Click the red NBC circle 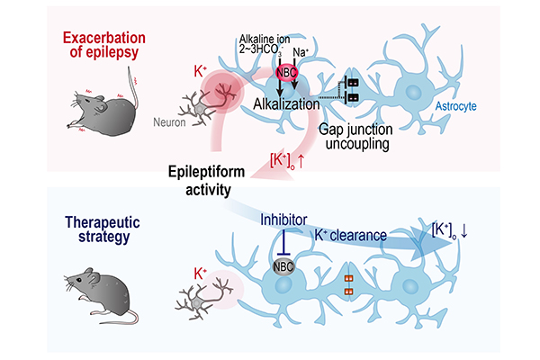tap(286, 73)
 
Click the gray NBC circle tap(283, 266)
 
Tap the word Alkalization tap(286, 103)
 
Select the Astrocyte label tap(455, 106)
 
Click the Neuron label tap(169, 122)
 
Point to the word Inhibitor tap(283, 220)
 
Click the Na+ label tap(301, 52)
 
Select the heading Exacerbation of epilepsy tap(104, 45)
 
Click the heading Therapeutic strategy tap(103, 229)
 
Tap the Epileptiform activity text tap(207, 181)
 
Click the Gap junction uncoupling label tap(356, 137)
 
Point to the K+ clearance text tap(351, 235)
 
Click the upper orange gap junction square tap(349, 278)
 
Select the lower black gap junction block tap(353, 97)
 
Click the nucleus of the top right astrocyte tap(413, 93)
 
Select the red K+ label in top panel tap(200, 71)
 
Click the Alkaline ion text tap(265, 39)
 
